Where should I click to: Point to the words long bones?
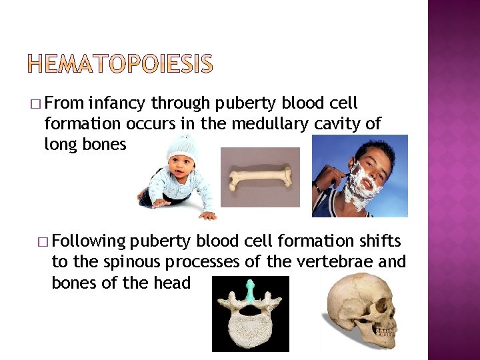pos(85,145)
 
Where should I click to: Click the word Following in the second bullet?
pos(89,241)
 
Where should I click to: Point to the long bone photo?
pos(260,177)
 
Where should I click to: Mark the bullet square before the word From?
pos(35,105)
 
